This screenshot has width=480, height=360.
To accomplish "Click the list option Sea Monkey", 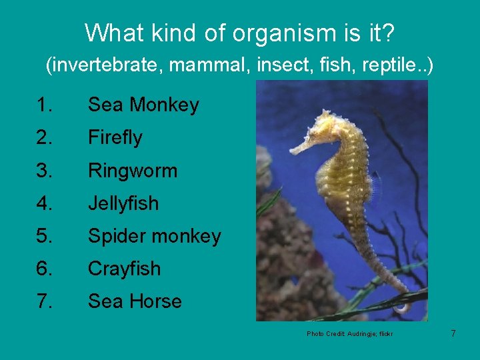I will pos(143,105).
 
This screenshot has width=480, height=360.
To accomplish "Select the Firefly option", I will pos(115,137).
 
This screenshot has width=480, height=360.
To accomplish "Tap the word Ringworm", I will pos(133,170).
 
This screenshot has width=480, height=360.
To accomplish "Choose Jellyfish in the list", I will pos(123,203).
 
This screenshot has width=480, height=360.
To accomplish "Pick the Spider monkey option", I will pos(154,236).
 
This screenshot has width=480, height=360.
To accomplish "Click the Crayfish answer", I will pos(125,269).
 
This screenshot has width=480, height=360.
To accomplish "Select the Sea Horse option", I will pos(135,301).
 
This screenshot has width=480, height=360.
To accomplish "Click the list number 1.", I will pos(44,105).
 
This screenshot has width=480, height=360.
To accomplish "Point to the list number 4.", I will pos(44,203).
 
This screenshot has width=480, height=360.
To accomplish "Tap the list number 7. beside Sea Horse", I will pos(44,301).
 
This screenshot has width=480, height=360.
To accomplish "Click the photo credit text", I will pos(349,333).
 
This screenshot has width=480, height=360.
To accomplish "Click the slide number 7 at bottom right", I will pos(453,333).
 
